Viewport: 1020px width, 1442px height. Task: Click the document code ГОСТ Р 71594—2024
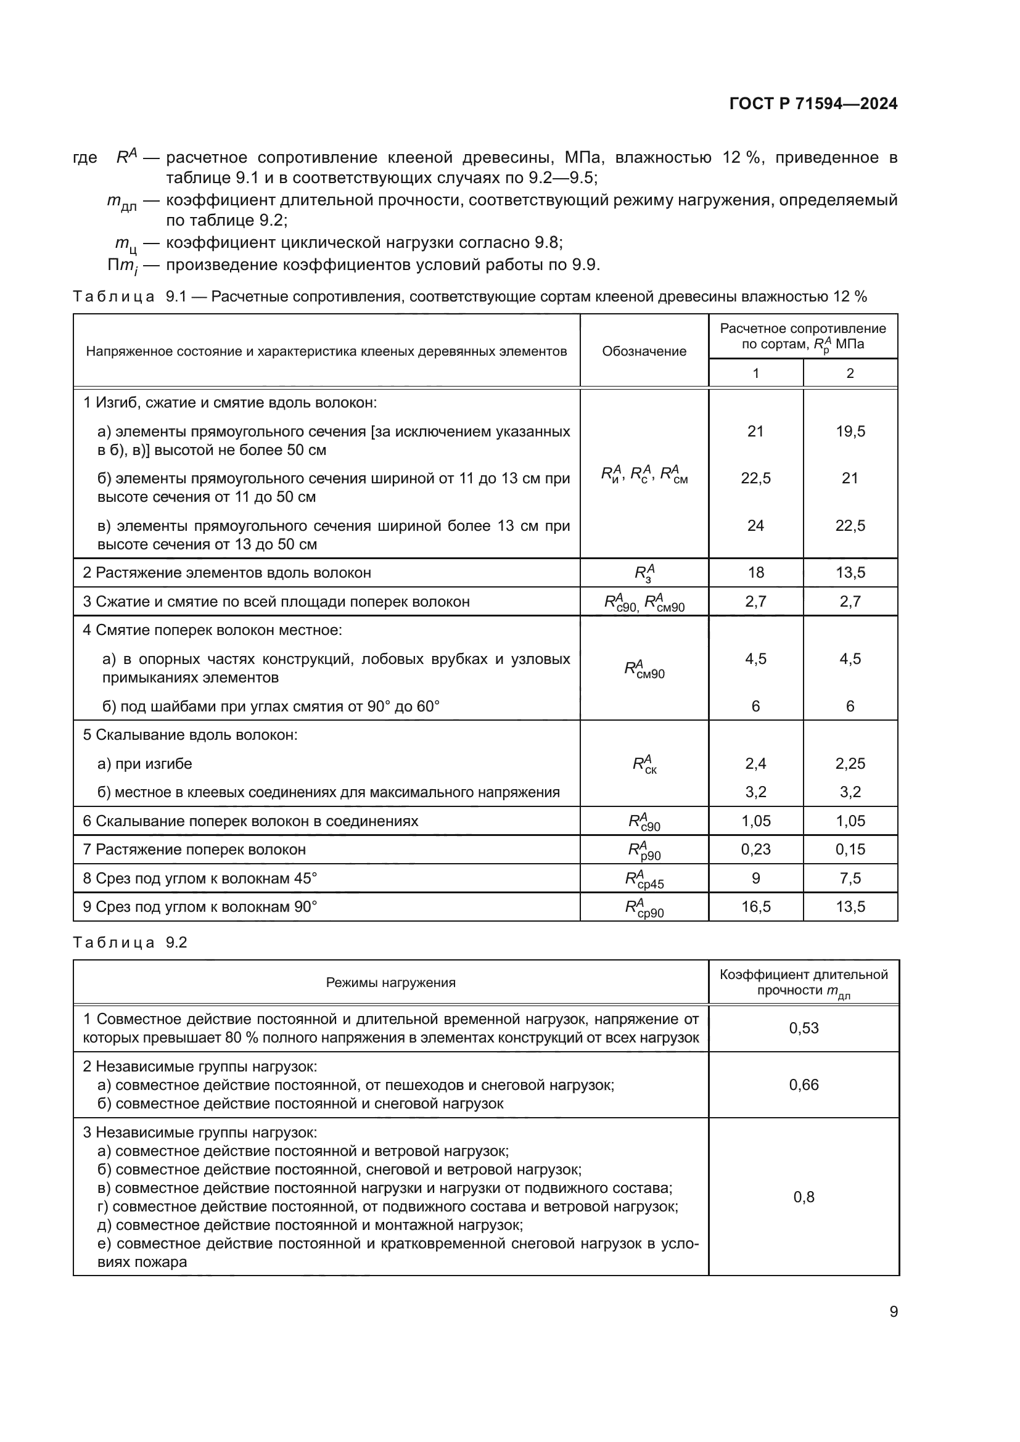point(813,104)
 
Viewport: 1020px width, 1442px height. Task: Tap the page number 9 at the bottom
point(893,1312)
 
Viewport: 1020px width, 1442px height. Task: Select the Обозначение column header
point(644,351)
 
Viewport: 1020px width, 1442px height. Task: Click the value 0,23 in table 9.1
point(755,849)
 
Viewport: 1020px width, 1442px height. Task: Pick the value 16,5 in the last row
point(755,906)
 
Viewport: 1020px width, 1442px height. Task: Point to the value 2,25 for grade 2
point(850,763)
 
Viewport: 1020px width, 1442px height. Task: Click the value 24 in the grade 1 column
point(755,525)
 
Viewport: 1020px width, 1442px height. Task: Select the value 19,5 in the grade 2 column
point(850,431)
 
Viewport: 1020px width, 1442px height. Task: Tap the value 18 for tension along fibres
point(755,572)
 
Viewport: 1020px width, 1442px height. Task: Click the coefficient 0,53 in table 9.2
point(804,1028)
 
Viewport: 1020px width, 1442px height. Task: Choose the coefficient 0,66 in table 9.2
point(804,1084)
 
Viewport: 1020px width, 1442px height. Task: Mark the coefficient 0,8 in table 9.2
point(804,1197)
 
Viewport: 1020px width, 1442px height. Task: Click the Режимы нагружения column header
point(390,983)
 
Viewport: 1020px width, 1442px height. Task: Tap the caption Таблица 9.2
point(130,943)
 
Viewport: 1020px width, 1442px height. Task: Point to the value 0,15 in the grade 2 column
point(850,849)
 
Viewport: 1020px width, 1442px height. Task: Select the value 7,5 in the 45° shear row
point(850,878)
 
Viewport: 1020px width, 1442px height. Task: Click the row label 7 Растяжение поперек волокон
point(194,850)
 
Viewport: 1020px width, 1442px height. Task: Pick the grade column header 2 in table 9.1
point(850,373)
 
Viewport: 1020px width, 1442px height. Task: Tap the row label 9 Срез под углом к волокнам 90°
point(200,907)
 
